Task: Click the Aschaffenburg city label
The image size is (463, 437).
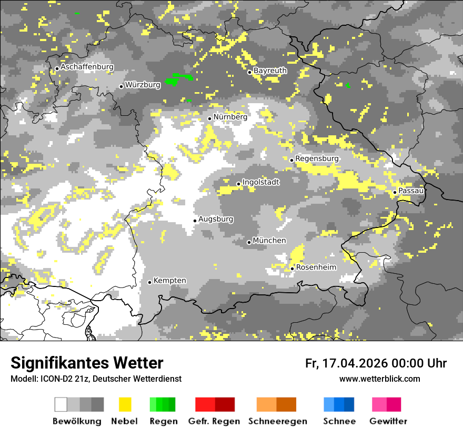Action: click(x=87, y=67)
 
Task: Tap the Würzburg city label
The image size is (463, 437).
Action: click(x=143, y=85)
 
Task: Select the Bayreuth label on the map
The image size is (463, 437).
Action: click(x=270, y=71)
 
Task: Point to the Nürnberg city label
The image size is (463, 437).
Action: click(x=230, y=117)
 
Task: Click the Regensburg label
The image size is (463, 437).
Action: click(x=317, y=158)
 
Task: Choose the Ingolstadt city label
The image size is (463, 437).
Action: click(x=260, y=182)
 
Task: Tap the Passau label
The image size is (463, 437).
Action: click(x=411, y=191)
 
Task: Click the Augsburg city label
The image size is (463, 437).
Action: click(x=216, y=219)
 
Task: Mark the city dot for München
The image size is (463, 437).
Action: click(x=249, y=242)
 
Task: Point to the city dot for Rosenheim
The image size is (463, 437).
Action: click(x=293, y=269)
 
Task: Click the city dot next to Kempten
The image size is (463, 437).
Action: click(x=150, y=282)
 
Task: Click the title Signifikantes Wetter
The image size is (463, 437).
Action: click(x=87, y=363)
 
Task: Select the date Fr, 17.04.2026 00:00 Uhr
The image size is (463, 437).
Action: click(x=376, y=363)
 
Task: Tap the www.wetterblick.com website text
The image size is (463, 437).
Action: click(x=379, y=379)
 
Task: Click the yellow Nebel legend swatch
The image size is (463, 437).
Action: click(x=125, y=404)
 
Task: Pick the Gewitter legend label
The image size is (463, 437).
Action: click(x=388, y=421)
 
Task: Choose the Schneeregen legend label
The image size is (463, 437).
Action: click(x=278, y=421)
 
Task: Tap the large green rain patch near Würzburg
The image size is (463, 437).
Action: click(x=179, y=80)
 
